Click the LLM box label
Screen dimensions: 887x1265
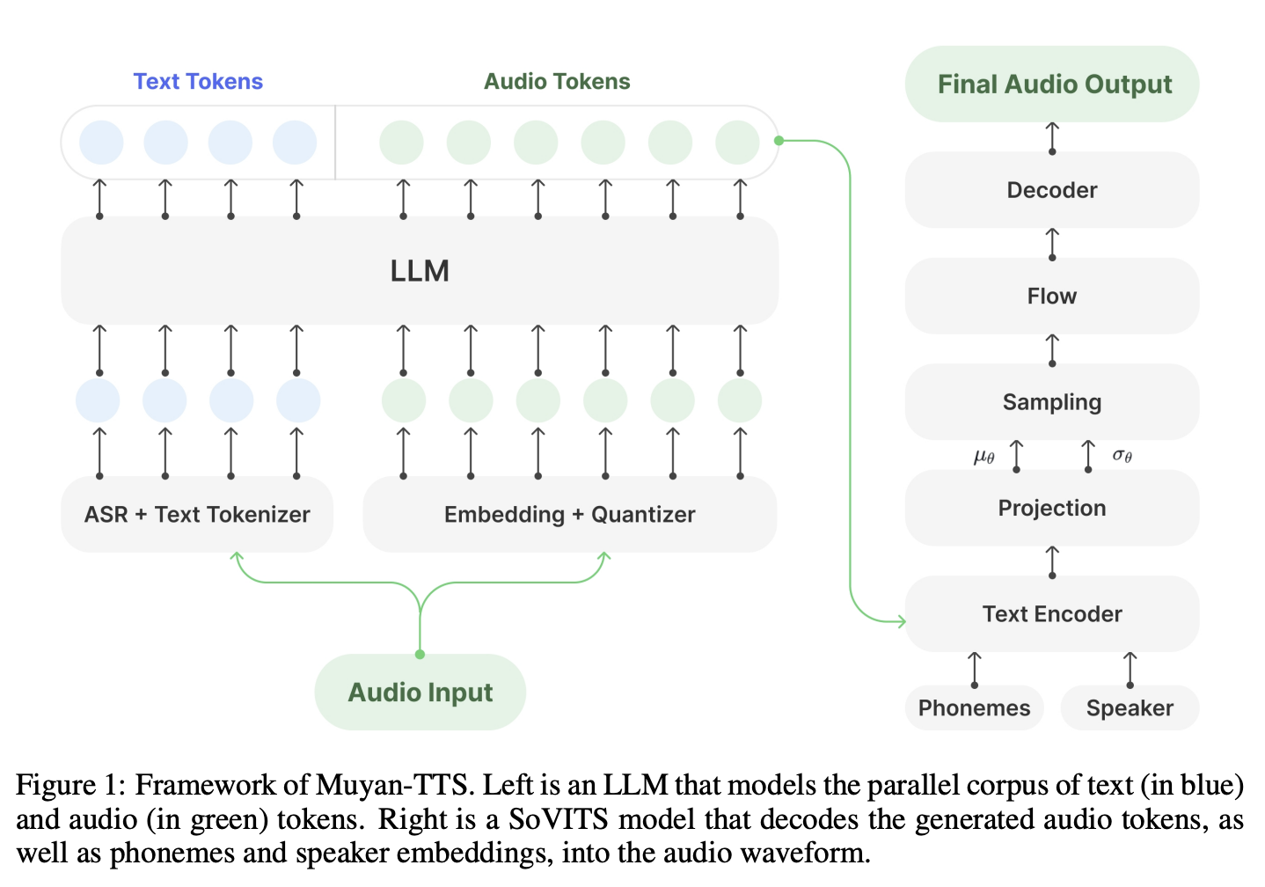coord(420,271)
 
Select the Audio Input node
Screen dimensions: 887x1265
coord(420,693)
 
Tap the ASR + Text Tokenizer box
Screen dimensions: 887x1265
coord(197,515)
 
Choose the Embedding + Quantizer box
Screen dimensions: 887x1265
coord(569,515)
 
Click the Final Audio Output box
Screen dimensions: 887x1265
coord(1053,84)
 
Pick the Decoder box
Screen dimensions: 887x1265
coord(1051,190)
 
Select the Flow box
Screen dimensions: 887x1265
coord(1051,297)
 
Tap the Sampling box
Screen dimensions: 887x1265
coord(1051,402)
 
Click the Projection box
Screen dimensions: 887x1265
coord(1051,508)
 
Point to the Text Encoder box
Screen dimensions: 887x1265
coord(1051,614)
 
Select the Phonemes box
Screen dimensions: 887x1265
coord(974,708)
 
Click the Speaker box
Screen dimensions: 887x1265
coord(1130,708)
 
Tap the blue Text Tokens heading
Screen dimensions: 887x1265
coord(198,82)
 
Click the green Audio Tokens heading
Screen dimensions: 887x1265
coord(557,82)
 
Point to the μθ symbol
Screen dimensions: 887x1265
coord(984,456)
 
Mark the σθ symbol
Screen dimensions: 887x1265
coord(1122,455)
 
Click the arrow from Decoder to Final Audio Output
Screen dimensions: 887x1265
coord(1052,137)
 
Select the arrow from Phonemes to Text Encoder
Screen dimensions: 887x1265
coord(975,669)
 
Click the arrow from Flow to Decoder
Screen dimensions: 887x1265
coord(1052,244)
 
